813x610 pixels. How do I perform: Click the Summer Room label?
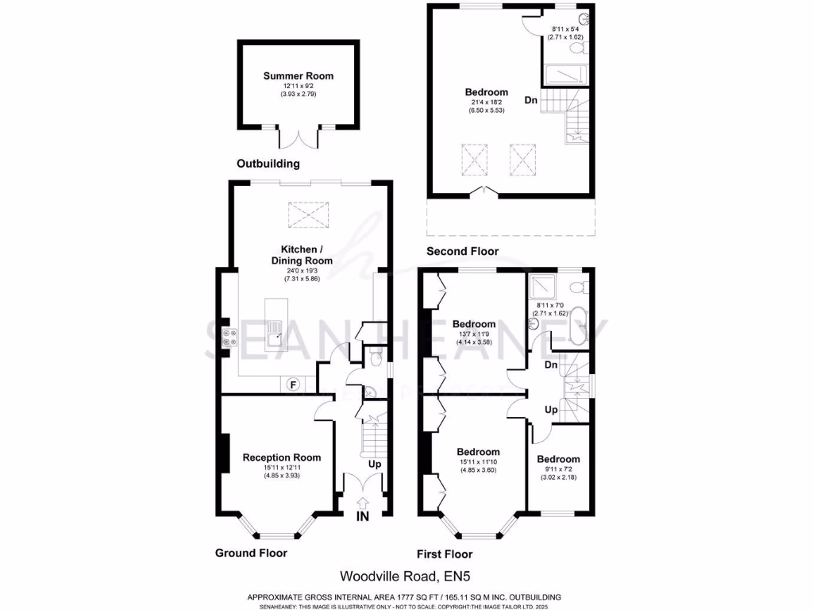(299, 76)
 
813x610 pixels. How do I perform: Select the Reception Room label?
(281, 457)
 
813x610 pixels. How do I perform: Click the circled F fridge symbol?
(293, 384)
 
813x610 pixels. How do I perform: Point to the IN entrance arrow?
(363, 509)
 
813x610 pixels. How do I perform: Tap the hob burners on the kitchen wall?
(226, 338)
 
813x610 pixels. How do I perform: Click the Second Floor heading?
(462, 251)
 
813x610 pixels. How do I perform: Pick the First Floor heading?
(445, 554)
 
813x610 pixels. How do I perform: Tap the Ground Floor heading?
(251, 553)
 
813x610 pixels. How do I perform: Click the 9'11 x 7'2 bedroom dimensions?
(558, 471)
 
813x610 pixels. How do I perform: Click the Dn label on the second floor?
(530, 101)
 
